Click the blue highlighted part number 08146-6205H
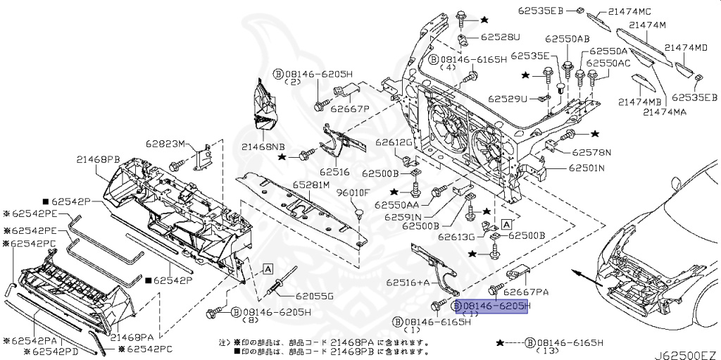(492, 307)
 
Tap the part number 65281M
(311, 185)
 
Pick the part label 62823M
(166, 144)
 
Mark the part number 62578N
(591, 151)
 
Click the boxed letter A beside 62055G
(268, 268)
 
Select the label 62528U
(501, 36)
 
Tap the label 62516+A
(408, 282)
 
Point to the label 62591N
(403, 217)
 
